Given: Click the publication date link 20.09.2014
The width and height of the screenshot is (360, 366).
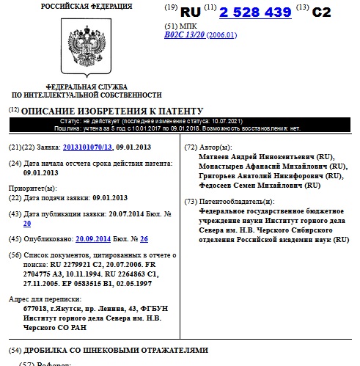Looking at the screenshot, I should [94, 239].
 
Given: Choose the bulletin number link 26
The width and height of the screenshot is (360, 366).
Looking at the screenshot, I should [144, 239].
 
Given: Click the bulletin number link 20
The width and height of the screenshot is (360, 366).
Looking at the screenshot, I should [27, 223].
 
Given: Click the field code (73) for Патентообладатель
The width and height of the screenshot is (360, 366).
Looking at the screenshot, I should [190, 201].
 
